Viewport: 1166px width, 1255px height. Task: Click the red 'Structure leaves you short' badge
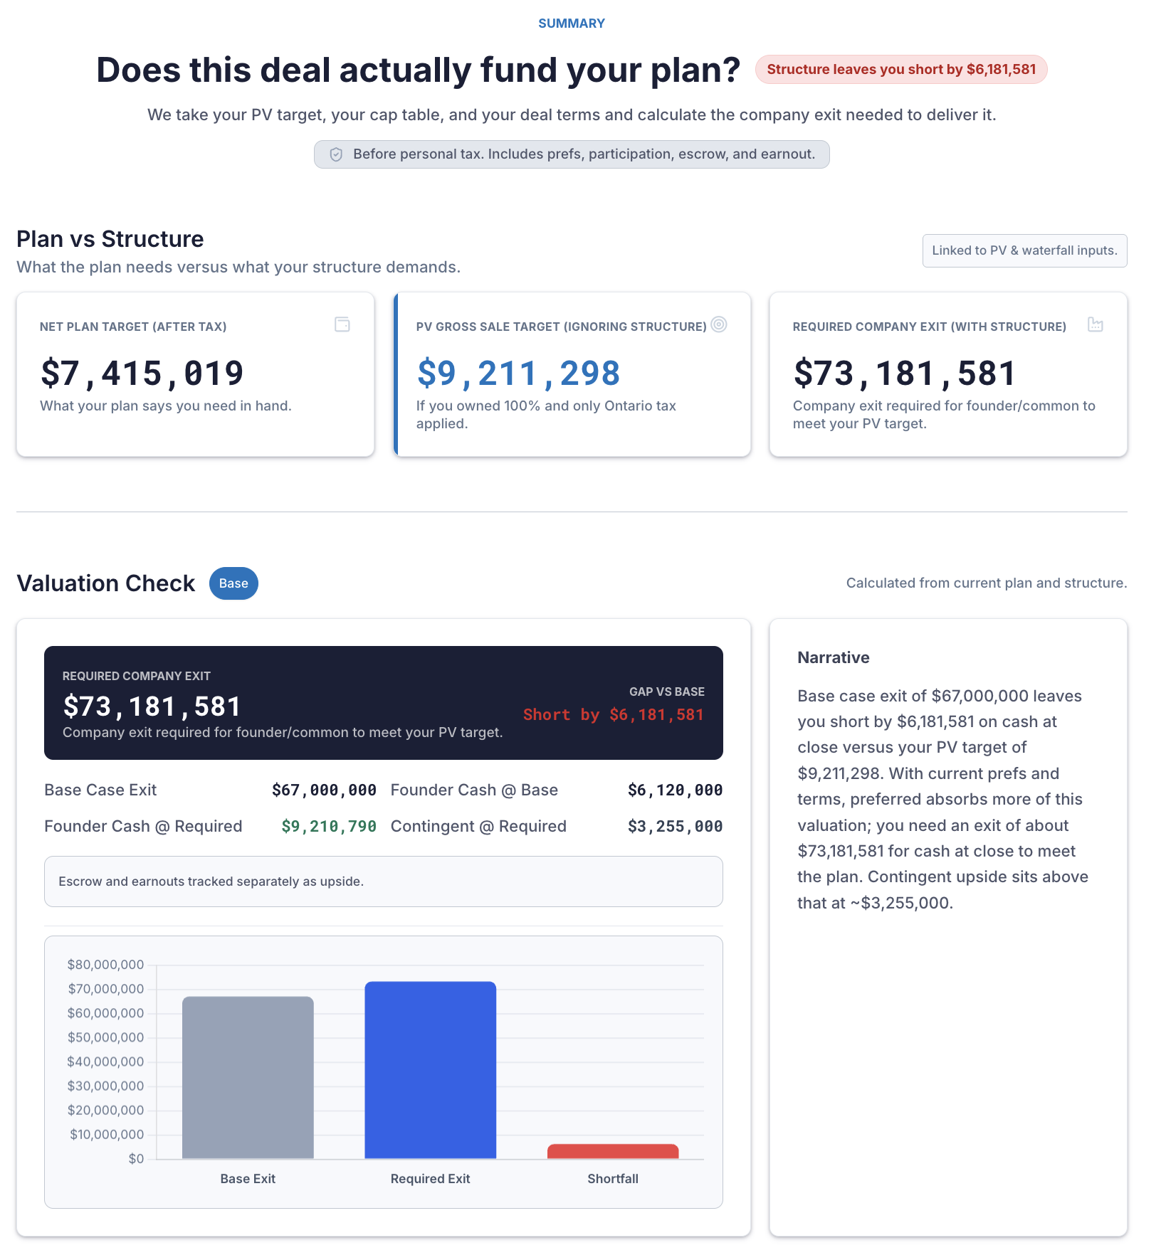click(900, 70)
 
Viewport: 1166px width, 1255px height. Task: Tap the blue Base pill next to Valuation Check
click(233, 583)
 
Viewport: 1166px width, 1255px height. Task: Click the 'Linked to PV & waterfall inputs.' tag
click(1024, 250)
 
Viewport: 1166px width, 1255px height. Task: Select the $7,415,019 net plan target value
click(142, 374)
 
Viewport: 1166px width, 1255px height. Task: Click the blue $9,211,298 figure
click(518, 374)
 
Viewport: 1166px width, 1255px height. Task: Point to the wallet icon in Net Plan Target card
click(342, 325)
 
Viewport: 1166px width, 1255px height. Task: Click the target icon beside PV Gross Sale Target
click(719, 324)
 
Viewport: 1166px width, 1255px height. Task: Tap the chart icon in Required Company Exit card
click(1095, 325)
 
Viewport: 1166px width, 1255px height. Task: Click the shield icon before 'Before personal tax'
click(336, 154)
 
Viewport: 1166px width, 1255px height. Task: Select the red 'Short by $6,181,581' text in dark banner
click(613, 714)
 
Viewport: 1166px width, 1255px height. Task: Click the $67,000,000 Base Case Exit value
click(324, 790)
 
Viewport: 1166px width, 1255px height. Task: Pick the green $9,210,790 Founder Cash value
click(328, 826)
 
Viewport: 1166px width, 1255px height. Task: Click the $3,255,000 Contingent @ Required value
click(675, 826)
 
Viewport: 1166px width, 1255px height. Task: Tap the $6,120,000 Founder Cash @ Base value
click(675, 790)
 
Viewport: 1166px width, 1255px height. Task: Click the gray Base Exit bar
click(248, 1078)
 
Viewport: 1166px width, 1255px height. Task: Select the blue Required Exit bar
click(430, 1071)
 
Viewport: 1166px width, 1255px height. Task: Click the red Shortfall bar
click(613, 1151)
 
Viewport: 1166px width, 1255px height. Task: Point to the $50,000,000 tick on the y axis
click(105, 1037)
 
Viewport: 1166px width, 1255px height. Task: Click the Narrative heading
click(833, 657)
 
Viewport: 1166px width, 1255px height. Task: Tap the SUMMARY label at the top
click(571, 23)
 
